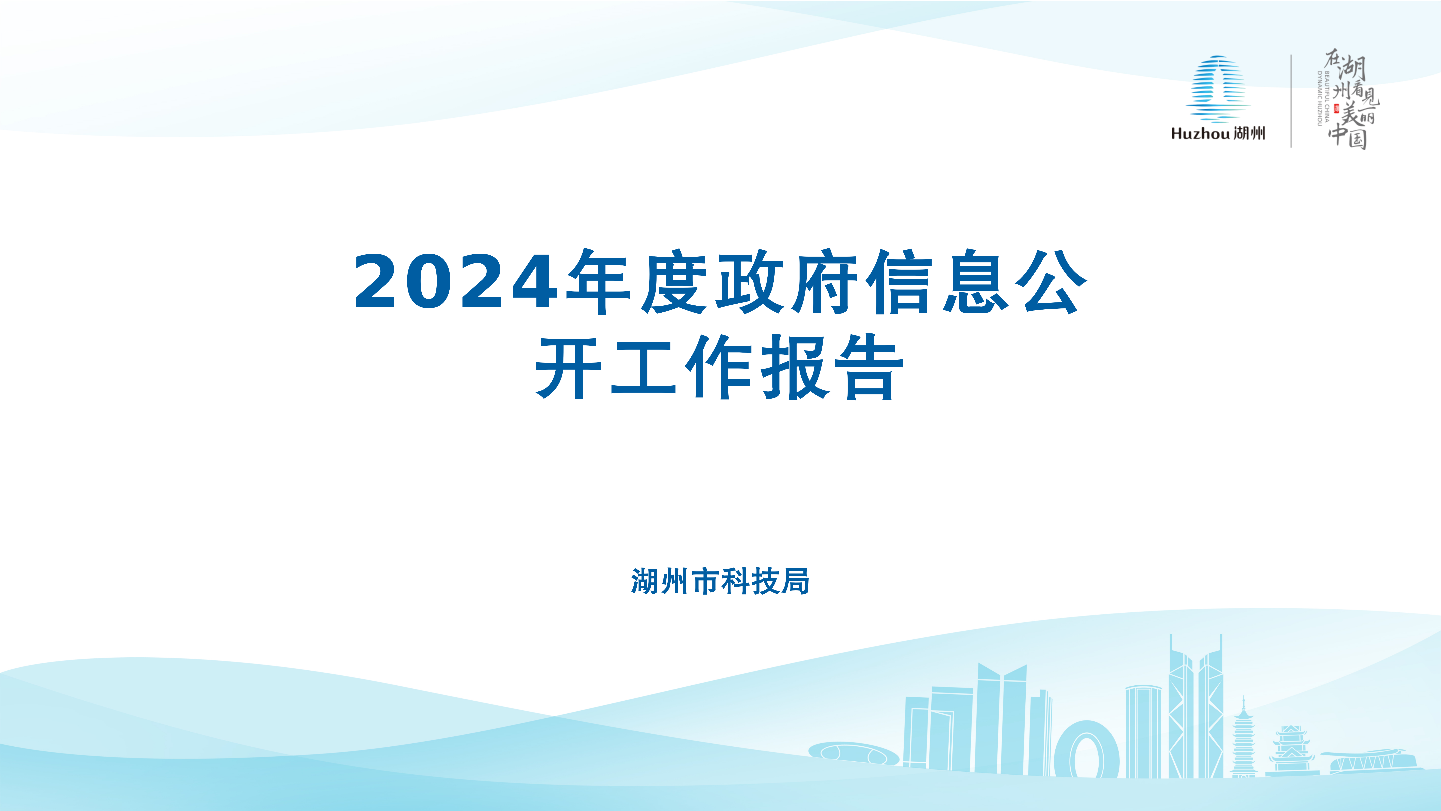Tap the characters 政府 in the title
788,282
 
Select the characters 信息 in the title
937,282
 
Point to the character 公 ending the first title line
1051,282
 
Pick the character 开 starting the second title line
568,367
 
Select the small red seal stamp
1336,109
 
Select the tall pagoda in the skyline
1243,739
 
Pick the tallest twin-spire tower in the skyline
1195,706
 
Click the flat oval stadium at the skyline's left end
854,753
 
